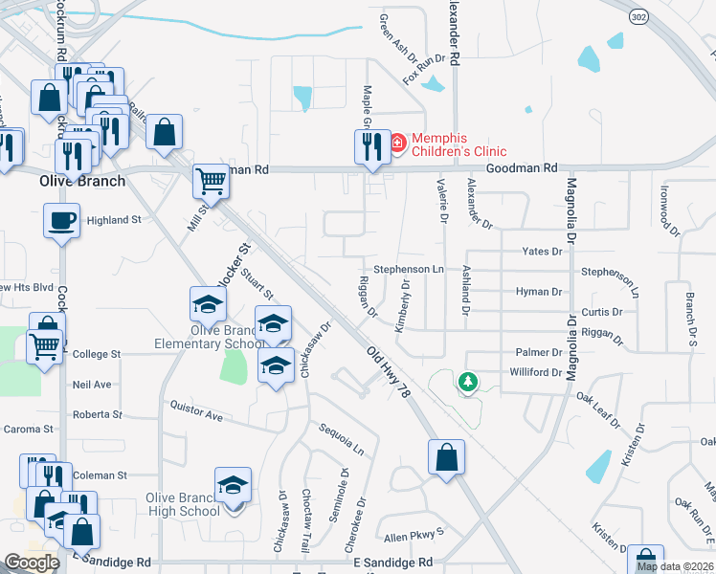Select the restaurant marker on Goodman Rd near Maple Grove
point(372,147)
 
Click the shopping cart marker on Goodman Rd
point(212,181)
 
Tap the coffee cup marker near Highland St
point(62,220)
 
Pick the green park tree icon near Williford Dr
point(467,383)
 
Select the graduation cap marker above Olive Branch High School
point(233,485)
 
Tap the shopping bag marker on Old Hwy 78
point(447,457)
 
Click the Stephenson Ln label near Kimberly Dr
point(409,270)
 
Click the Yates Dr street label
point(542,252)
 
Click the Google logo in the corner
point(32,563)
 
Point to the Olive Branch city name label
point(81,181)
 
